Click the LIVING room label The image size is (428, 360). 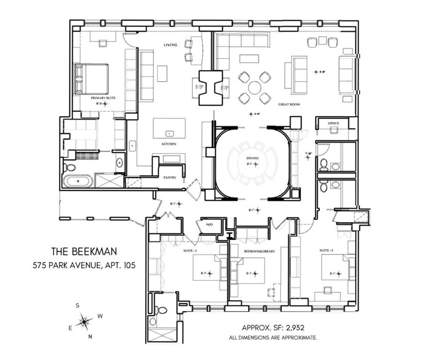[x=170, y=45]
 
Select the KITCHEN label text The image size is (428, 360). [x=169, y=144]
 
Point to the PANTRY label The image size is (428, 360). [x=169, y=178]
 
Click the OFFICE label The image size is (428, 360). [x=333, y=123]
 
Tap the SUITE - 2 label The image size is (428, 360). [x=189, y=251]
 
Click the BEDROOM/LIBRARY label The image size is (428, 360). [x=259, y=251]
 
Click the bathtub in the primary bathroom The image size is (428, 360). [x=79, y=181]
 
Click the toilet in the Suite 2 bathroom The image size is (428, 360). [x=161, y=310]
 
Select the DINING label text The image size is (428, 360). [x=253, y=159]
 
